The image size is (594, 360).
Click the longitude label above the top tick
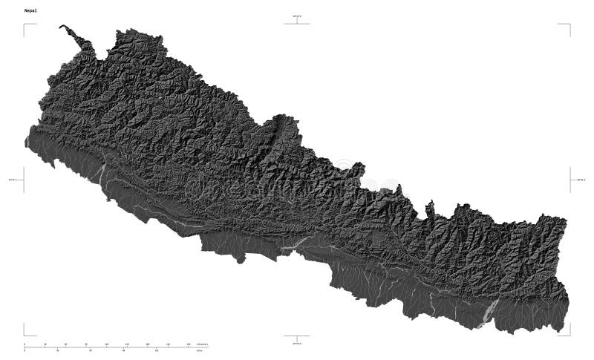click(x=297, y=16)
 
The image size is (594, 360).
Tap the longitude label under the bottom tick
click(x=297, y=343)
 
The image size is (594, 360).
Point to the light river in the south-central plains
click(x=297, y=242)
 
